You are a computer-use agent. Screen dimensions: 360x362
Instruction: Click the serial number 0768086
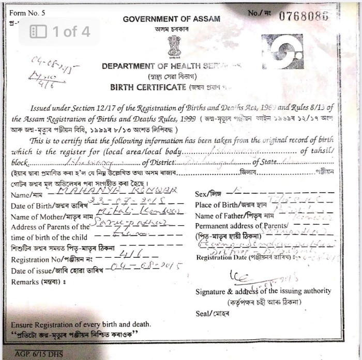[304, 16]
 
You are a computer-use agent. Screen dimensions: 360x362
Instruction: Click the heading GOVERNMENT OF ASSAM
[171, 19]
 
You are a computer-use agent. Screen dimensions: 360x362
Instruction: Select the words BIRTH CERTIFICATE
[148, 87]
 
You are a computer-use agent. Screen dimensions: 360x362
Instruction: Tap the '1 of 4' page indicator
[60, 32]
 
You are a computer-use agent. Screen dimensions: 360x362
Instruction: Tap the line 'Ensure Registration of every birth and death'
[81, 324]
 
